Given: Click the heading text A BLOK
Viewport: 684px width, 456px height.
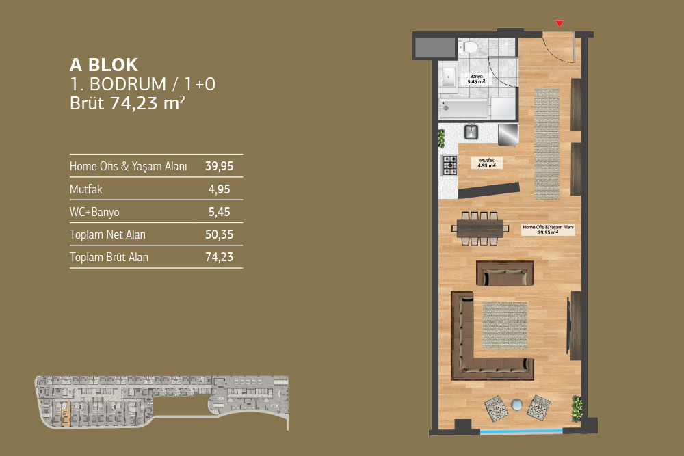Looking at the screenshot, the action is point(104,65).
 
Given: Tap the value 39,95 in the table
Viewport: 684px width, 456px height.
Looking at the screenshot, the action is point(220,166).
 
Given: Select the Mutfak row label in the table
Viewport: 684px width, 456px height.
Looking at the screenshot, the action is point(86,189).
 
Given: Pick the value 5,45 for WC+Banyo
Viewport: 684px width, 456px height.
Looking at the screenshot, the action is point(219,212).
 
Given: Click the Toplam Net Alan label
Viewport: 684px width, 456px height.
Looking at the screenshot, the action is point(108,234).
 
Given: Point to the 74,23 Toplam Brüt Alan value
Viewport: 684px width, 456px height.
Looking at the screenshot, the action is point(220,257).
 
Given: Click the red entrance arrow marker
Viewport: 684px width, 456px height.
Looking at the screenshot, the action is point(560,23).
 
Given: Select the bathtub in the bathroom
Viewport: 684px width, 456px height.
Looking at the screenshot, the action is point(464,109).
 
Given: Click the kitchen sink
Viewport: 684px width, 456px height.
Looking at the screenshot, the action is point(471,132).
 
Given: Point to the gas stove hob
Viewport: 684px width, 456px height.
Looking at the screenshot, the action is point(450,165).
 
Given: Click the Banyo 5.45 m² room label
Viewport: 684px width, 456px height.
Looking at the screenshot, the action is point(476,79).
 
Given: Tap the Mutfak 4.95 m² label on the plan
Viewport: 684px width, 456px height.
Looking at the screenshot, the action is point(487,163).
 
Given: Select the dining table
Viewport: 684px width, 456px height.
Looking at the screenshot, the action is point(480,228).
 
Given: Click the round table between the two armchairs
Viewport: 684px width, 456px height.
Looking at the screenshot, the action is point(517,405).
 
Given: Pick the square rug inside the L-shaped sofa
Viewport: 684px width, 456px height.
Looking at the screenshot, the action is point(505,325).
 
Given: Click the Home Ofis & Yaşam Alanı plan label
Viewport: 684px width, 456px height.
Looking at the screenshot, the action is point(548,230).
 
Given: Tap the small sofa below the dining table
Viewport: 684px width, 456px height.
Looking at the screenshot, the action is point(505,273).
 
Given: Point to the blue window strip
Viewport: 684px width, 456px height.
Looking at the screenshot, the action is point(522,431).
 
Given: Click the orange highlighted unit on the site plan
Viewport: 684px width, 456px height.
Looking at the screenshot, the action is point(66,414).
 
